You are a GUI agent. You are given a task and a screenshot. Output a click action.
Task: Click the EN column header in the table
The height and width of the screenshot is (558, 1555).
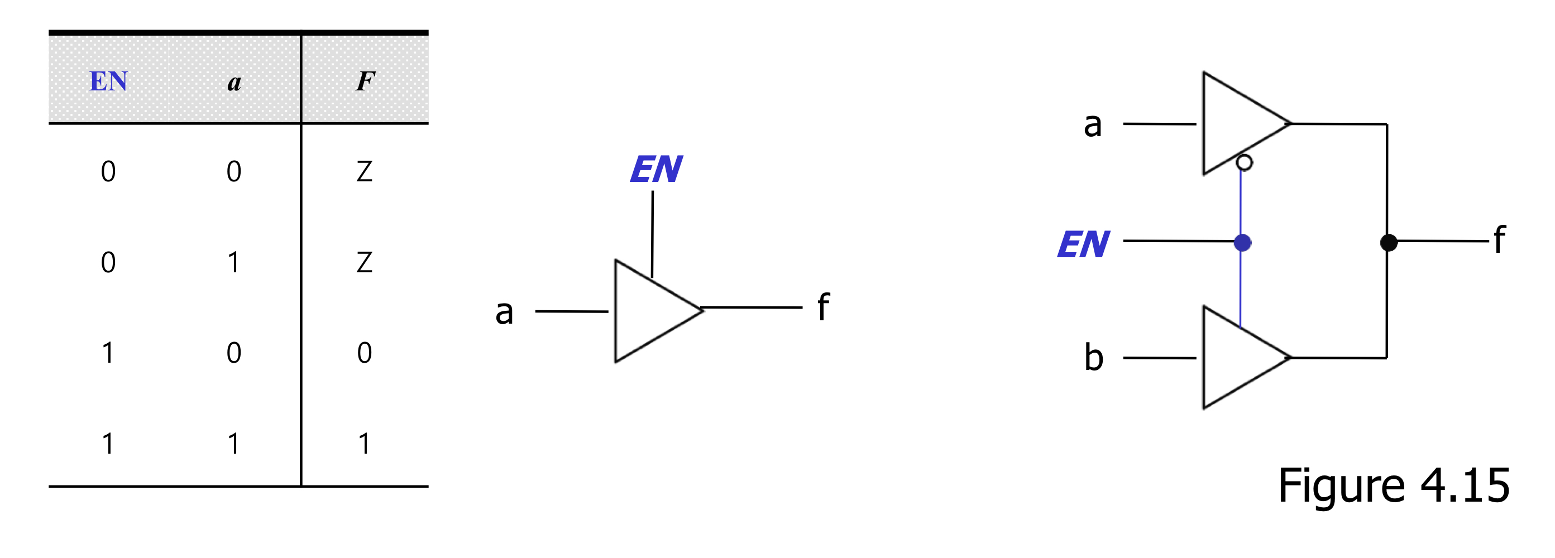(x=109, y=81)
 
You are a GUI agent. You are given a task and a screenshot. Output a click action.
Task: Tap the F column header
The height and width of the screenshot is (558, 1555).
(x=365, y=81)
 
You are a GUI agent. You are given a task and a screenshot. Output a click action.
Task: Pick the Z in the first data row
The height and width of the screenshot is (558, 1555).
(x=364, y=172)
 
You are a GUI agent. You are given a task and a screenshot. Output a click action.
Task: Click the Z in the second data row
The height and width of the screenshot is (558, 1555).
(x=364, y=262)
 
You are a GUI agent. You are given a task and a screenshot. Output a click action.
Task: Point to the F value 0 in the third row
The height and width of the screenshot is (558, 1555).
(x=364, y=353)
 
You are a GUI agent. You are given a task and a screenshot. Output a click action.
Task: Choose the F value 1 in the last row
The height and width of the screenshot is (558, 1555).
(x=364, y=444)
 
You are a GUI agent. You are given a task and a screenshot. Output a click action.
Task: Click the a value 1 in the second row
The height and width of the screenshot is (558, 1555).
(x=233, y=262)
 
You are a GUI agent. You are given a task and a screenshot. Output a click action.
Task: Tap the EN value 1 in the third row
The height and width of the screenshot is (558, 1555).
(x=108, y=353)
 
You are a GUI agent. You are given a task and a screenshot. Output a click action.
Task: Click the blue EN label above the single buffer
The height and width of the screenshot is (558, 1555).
(x=656, y=170)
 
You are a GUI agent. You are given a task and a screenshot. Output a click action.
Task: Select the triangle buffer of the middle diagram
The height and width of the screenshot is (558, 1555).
(x=649, y=311)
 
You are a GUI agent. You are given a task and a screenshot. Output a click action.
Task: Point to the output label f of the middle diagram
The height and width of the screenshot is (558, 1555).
(x=824, y=307)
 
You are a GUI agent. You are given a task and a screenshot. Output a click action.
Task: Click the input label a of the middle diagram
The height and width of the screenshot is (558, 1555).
(x=504, y=312)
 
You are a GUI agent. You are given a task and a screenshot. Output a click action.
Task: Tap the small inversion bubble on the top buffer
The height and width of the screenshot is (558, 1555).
(x=1244, y=162)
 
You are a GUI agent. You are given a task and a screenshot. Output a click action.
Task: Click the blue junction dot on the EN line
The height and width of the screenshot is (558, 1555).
(x=1242, y=243)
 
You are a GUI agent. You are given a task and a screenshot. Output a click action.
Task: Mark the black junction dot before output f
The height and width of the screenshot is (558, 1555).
(x=1389, y=243)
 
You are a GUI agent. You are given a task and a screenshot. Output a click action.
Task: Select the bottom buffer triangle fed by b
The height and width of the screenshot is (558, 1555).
(x=1237, y=358)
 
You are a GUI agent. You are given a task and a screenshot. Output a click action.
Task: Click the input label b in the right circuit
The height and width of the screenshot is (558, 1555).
(x=1094, y=358)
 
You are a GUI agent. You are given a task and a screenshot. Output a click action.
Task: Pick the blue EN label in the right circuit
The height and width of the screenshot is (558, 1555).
(x=1084, y=245)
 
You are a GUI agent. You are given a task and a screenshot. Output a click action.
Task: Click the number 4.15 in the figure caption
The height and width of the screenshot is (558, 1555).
(x=1465, y=485)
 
